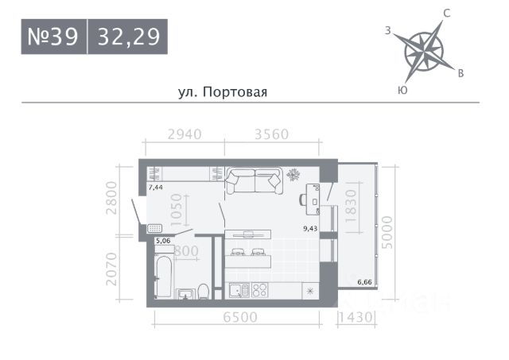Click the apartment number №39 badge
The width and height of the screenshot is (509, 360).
coord(54,37)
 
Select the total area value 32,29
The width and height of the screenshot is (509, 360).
coord(129,37)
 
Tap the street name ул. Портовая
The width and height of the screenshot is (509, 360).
coord(223,92)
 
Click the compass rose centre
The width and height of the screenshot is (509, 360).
coord(424,51)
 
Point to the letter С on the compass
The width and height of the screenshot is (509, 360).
coord(447,14)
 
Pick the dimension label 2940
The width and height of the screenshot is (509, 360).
coord(185,134)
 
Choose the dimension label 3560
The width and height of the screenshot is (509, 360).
coord(271,134)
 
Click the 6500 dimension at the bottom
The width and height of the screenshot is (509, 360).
coord(240,317)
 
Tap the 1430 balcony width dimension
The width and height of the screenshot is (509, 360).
coord(356,317)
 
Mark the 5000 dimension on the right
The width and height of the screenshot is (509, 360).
coord(387,232)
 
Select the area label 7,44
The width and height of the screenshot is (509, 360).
coord(156,187)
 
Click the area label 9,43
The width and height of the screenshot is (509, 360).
coord(310,228)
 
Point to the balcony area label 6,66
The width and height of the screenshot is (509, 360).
coord(364,282)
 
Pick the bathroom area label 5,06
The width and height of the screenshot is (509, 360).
coord(163,241)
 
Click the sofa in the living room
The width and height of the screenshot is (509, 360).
coord(254,180)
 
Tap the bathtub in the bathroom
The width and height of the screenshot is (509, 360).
coord(164,277)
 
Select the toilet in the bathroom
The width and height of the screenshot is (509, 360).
coord(204,292)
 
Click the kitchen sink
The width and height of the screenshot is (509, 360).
coord(239,290)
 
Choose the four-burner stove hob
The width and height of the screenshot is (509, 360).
coord(260,290)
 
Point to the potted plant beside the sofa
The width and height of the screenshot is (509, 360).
coord(293,175)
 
